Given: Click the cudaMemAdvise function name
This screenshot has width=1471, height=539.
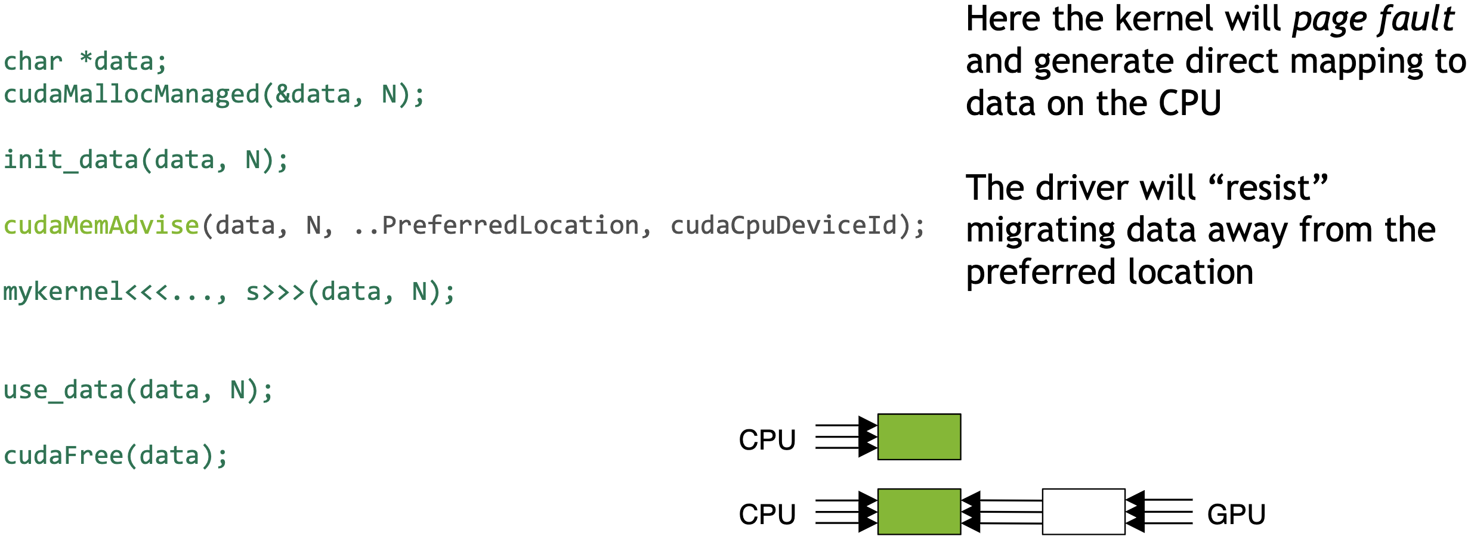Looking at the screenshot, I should click(101, 226).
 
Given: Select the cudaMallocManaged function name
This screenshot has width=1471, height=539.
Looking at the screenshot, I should click(131, 95).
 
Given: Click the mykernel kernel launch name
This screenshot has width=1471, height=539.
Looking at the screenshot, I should click(63, 292).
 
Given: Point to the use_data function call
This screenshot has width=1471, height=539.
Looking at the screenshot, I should click(138, 391).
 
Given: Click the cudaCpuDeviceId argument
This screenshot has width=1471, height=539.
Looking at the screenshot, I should click(783, 226).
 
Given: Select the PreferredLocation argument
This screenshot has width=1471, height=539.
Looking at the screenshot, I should click(510, 226).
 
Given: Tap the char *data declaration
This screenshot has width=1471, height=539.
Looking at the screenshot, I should click(85, 62).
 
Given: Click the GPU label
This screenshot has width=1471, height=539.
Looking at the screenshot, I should click(1236, 515).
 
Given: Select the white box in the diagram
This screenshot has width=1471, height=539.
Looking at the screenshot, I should click(1083, 512).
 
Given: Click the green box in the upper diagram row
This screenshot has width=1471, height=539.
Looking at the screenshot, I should click(919, 436).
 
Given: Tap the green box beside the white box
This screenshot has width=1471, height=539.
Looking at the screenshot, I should click(919, 512).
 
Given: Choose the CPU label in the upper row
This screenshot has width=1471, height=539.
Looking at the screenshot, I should click(767, 440).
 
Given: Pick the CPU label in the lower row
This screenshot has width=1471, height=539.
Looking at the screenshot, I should click(767, 515).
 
